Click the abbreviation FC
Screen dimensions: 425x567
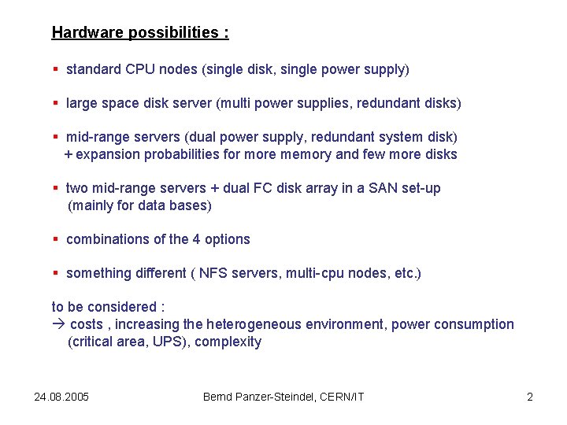click(x=261, y=188)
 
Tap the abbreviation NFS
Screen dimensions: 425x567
click(x=213, y=273)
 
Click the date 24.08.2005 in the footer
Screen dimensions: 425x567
click(x=61, y=397)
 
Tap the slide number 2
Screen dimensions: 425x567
click(x=530, y=397)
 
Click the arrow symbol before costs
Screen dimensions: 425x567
click(x=58, y=324)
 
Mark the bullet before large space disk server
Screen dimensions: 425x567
click(x=56, y=103)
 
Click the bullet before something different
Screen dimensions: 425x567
click(x=56, y=273)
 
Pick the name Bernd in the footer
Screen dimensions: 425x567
click(x=218, y=397)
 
